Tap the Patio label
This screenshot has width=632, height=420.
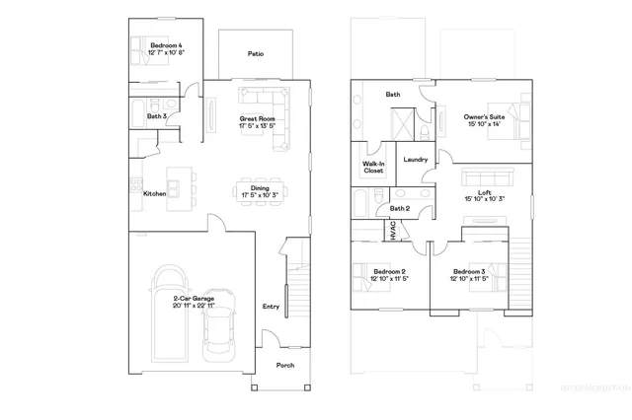(x=256, y=54)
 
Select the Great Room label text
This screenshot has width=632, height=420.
(x=256, y=120)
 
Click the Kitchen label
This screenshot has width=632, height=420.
(x=154, y=194)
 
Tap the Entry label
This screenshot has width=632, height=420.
(x=271, y=307)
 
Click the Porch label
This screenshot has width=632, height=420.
(x=284, y=365)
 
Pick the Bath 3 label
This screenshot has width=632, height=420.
(x=156, y=116)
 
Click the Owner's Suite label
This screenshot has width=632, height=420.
(x=484, y=117)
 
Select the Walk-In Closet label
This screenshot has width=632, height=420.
(x=373, y=167)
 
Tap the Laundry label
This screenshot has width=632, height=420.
(x=415, y=159)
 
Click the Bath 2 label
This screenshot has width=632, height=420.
(x=400, y=208)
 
